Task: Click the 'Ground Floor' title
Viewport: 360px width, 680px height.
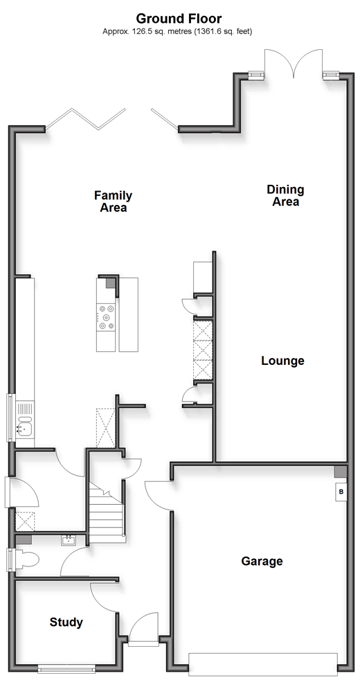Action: coord(179,19)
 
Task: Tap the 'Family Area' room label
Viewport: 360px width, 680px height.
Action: coord(114,202)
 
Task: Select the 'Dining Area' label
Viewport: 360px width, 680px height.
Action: coord(285,195)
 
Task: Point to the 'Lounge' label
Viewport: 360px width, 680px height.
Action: coord(282,361)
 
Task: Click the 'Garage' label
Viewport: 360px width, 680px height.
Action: coord(262,561)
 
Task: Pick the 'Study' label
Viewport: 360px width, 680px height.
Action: coord(66,623)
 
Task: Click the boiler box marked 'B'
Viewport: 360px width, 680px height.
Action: coord(341,492)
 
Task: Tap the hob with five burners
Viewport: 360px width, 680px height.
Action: coord(106,317)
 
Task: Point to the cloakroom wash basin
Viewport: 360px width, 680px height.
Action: coord(69,540)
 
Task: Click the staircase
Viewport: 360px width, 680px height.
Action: coord(107,512)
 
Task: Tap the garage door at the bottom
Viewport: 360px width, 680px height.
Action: coord(263,663)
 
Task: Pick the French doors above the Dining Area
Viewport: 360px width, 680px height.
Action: coord(294,62)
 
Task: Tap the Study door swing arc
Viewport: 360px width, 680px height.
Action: coord(102,595)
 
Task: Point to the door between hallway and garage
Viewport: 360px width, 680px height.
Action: coord(159,495)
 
